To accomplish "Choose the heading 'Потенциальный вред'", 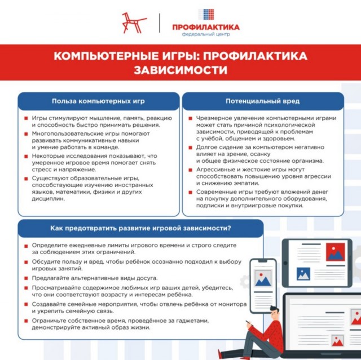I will [262, 101].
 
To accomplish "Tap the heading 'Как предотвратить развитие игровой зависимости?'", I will [140, 229].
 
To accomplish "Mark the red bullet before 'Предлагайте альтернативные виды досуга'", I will [27, 279].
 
